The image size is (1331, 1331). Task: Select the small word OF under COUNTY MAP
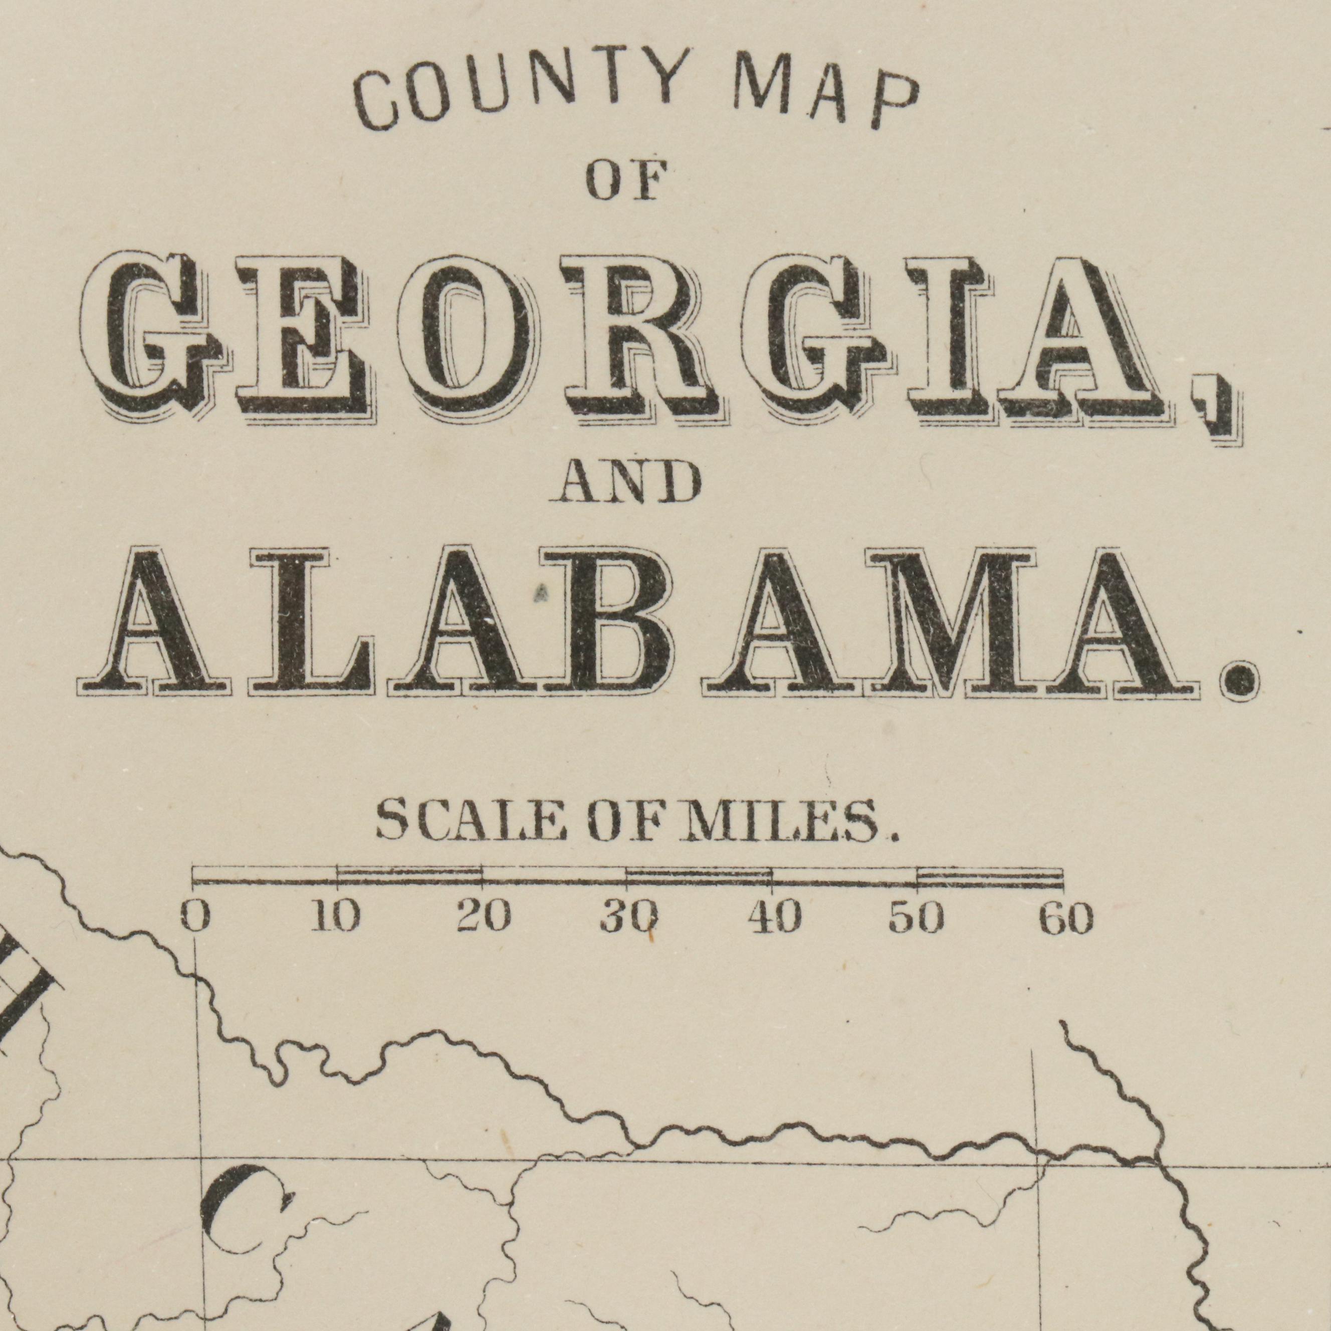coord(627,180)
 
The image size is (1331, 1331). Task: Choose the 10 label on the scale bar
coord(335,918)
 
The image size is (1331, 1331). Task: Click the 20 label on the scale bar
coord(484,918)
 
